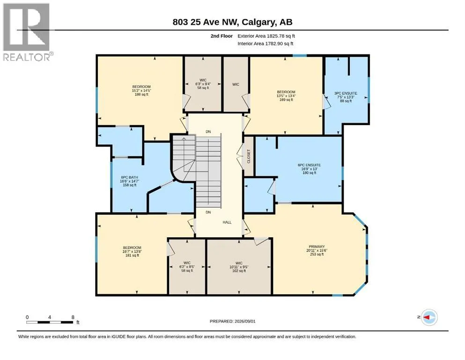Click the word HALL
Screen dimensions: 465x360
[227, 222]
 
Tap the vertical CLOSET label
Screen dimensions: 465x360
[249, 156]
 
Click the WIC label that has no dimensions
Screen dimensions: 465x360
[236, 84]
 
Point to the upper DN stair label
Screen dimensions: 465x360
[208, 132]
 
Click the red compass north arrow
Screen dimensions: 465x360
[427, 317]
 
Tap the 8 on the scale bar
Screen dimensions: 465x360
[73, 317]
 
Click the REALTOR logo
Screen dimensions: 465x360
[26, 32]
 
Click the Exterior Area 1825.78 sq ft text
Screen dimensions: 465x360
[266, 36]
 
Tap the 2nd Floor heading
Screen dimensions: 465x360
[221, 36]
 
